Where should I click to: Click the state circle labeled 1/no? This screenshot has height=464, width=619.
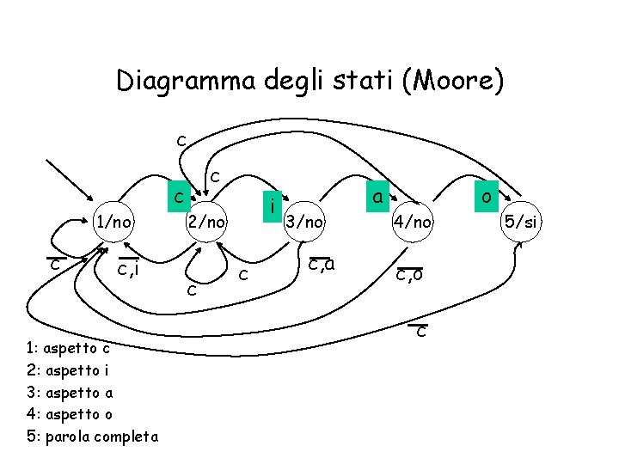click(113, 223)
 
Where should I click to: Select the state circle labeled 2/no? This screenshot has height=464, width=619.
click(207, 223)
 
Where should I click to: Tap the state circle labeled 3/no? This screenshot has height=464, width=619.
click(305, 223)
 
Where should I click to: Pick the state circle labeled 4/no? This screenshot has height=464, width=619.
click(414, 223)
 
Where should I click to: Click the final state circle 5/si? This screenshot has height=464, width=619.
click(521, 223)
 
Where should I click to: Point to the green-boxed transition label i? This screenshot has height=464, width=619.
click(272, 207)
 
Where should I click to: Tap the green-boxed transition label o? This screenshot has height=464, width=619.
click(487, 197)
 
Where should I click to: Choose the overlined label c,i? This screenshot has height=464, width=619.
click(128, 271)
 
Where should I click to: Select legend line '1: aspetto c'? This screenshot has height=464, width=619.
click(68, 349)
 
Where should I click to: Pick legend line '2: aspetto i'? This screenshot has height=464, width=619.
click(68, 371)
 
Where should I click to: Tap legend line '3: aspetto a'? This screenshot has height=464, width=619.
click(69, 393)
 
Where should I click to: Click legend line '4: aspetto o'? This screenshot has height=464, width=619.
click(69, 414)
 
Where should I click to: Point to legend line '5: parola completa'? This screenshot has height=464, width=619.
click(92, 437)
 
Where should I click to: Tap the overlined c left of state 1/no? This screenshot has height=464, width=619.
click(54, 264)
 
